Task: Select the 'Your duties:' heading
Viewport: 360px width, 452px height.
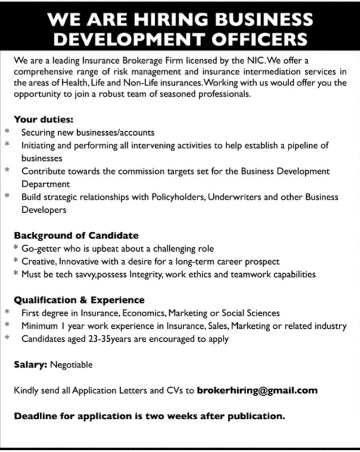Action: point(43,120)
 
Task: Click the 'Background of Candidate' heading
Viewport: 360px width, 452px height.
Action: point(76,235)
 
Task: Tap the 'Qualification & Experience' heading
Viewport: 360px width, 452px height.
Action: point(79,300)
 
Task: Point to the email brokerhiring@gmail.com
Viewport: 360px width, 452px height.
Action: point(257,391)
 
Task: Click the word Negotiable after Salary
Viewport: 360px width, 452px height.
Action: point(71,365)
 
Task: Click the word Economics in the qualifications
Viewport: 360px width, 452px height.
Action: point(146,313)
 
